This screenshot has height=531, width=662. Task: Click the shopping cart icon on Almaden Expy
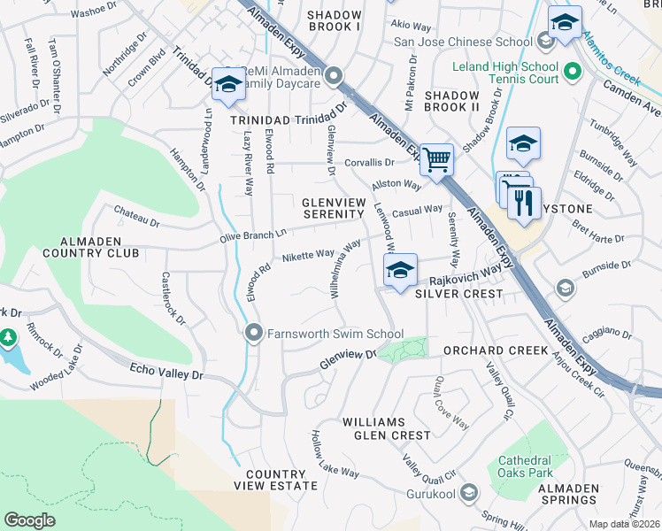435,159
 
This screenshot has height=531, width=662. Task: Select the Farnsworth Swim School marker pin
253,333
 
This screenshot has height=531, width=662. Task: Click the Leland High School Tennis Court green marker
572,70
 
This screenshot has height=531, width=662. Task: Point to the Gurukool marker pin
469,493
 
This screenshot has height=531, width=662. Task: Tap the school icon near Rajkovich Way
400,270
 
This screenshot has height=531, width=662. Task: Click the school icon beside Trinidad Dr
227,84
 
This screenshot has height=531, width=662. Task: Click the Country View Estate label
275,480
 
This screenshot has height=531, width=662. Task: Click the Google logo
29,520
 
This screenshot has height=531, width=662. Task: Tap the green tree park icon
8,338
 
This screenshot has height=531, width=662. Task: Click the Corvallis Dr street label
369,163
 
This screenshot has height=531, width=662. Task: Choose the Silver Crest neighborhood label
458,293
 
